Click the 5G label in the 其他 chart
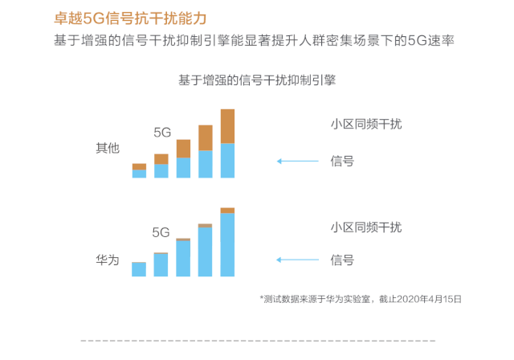coord(162,132)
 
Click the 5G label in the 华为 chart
coord(161,232)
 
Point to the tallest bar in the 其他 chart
coord(227,143)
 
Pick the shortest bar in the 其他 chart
coord(139,170)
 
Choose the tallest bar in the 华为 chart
coord(227,242)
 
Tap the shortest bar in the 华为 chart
coord(139,269)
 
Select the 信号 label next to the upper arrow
coord(342,161)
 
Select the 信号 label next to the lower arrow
coord(342,260)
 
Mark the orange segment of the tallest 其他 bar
coord(227,126)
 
